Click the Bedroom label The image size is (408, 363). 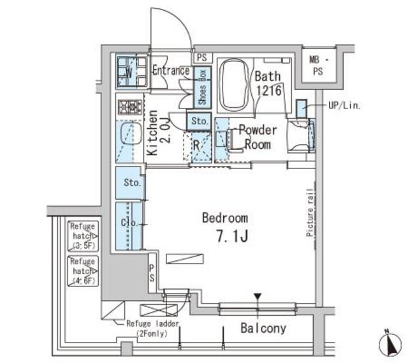click(225, 218)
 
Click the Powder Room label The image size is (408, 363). click(256, 137)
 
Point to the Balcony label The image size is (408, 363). click(263, 329)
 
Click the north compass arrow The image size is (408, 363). click(388, 345)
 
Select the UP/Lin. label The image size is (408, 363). click(344, 106)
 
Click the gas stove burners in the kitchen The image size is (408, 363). click(130, 107)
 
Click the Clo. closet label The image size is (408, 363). click(127, 224)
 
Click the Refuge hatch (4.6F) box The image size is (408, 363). click(83, 270)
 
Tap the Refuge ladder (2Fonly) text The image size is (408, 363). click(150, 328)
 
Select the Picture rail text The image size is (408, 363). click(310, 212)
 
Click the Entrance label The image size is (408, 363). click(170, 71)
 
